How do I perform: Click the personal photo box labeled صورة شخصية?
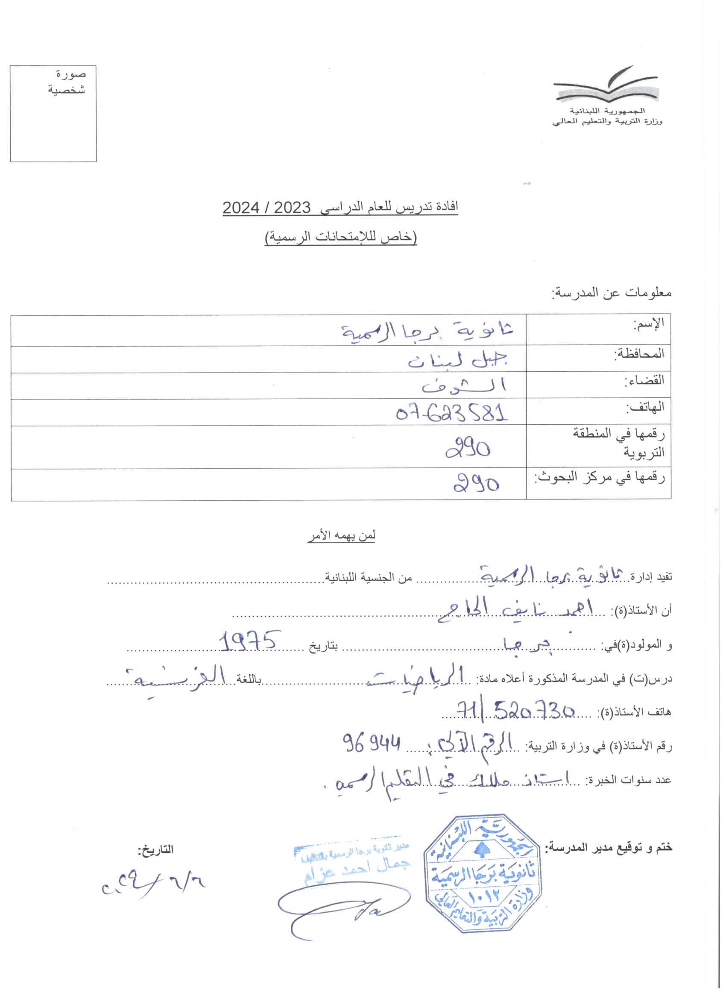point(53,114)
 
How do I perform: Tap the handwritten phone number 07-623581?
point(452,413)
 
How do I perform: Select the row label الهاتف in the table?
point(646,408)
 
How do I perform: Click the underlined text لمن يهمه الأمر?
point(341,536)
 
